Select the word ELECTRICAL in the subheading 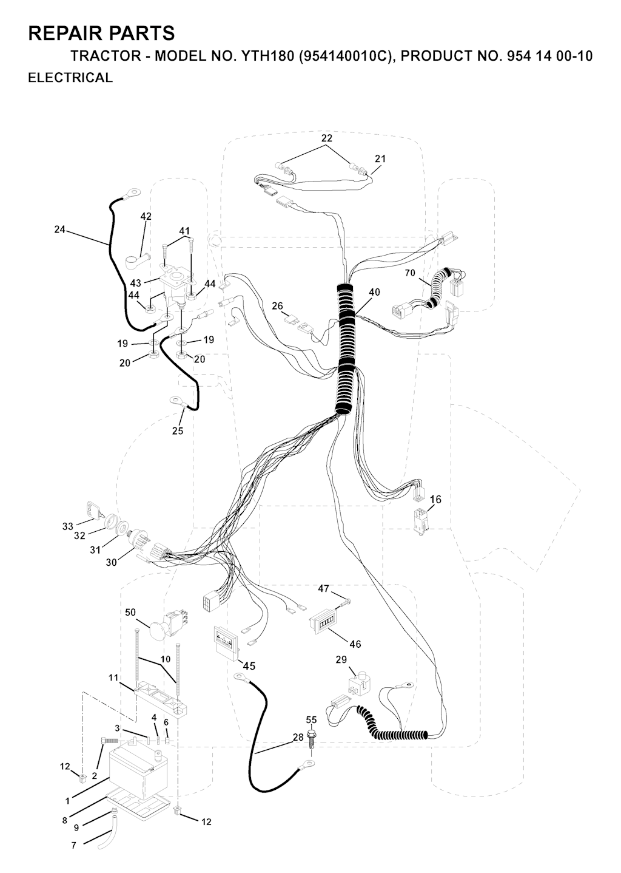70,78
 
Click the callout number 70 410,273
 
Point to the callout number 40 374,292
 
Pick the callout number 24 59,229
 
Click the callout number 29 341,659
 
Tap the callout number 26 277,306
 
